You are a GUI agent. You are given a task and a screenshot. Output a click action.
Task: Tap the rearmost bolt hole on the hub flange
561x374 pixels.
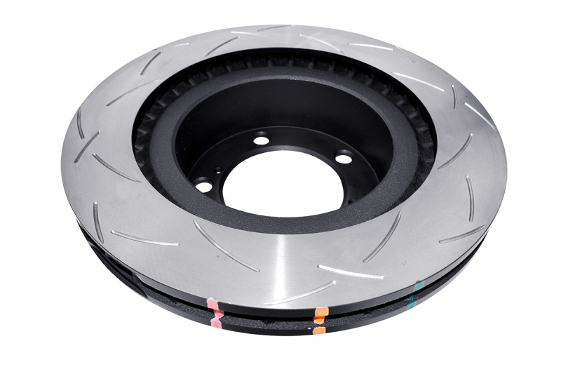click(262, 140)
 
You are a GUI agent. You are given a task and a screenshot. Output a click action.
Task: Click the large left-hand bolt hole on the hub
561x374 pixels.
click(204, 185)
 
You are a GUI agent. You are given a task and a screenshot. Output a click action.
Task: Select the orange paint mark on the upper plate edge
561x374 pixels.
click(320, 312)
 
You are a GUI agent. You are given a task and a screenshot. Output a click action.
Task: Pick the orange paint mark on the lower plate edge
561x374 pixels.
click(319, 328)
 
